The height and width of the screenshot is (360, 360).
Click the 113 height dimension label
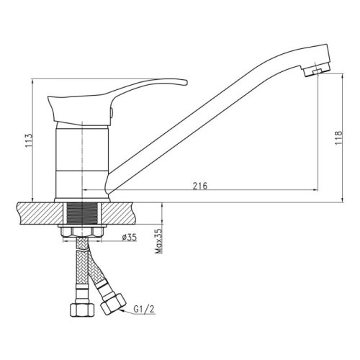pyautogui.click(x=29, y=140)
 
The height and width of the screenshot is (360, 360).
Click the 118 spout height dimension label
pyautogui.click(x=338, y=138)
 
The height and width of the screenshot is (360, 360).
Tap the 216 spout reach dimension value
pyautogui.click(x=200, y=186)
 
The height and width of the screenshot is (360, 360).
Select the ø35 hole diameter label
pyautogui.click(x=129, y=238)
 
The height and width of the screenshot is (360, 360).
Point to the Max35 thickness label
pyautogui.click(x=158, y=241)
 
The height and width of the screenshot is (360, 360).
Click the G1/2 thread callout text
pyautogui.click(x=144, y=310)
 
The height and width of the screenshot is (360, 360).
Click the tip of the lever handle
pyautogui.click(x=186, y=82)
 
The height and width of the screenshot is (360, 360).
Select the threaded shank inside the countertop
pyautogui.click(x=82, y=214)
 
